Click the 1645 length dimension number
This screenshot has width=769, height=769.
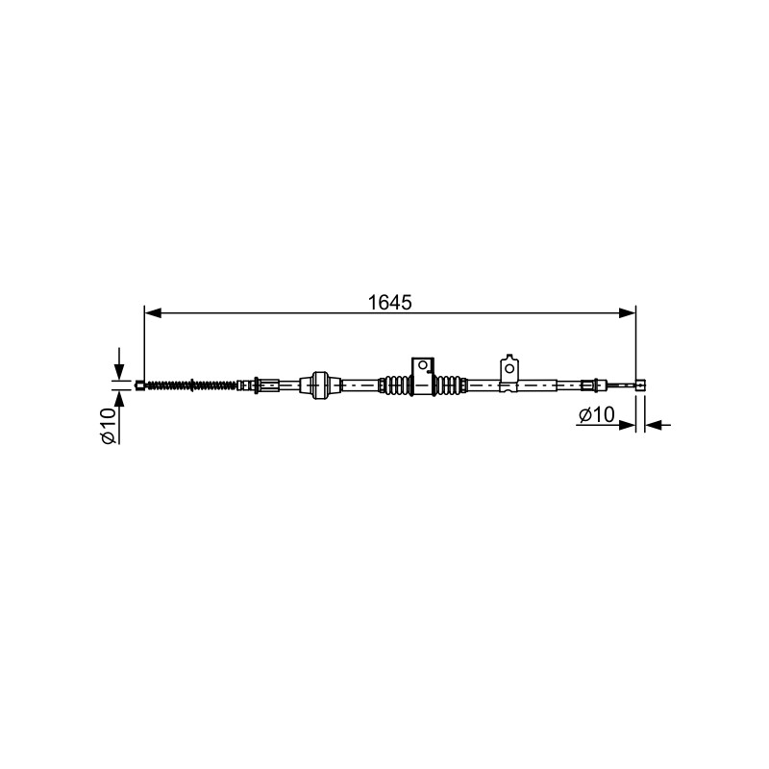pyautogui.click(x=390, y=303)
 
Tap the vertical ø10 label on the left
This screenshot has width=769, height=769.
pyautogui.click(x=109, y=426)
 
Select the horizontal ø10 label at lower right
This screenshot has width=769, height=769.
pyautogui.click(x=596, y=415)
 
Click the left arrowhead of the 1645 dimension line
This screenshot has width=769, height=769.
pyautogui.click(x=153, y=313)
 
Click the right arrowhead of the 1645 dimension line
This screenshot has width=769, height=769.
pyautogui.click(x=628, y=313)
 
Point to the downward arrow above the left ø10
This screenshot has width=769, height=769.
pyautogui.click(x=118, y=363)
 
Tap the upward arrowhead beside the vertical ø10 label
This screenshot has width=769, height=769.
pyautogui.click(x=118, y=400)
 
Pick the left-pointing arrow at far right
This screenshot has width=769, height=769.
pyautogui.click(x=658, y=425)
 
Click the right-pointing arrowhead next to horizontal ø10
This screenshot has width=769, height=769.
pyautogui.click(x=628, y=425)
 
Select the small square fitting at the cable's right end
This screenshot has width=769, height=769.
pyautogui.click(x=640, y=385)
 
